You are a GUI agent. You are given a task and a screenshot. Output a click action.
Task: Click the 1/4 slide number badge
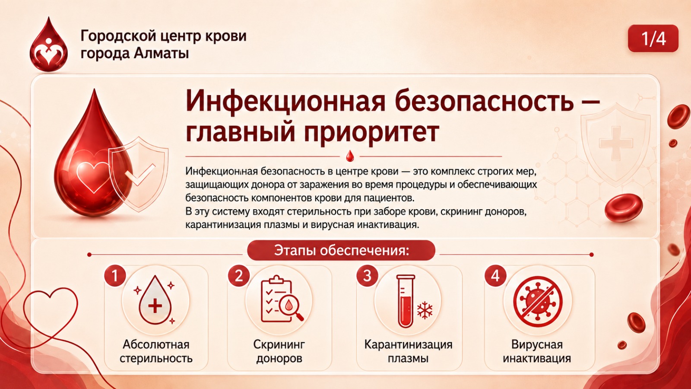point(653,38)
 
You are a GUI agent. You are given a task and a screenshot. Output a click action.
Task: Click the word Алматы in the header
point(162,54)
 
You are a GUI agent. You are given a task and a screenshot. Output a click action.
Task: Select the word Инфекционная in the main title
point(285,102)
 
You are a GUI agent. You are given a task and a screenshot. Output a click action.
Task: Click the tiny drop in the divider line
point(349,156)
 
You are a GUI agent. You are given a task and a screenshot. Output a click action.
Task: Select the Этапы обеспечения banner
point(341,250)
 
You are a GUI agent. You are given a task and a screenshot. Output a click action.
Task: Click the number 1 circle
point(115,275)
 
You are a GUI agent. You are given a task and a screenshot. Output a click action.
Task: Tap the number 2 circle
point(239,275)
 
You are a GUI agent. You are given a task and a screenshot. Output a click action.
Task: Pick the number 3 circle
point(367,275)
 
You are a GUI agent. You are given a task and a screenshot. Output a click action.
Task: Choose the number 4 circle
point(495,275)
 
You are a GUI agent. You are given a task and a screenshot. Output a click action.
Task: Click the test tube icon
point(406,301)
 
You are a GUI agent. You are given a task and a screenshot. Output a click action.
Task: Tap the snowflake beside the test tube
point(425,310)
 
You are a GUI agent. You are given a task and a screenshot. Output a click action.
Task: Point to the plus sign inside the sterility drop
point(155,306)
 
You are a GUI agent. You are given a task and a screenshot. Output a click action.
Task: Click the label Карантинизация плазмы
point(408,351)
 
